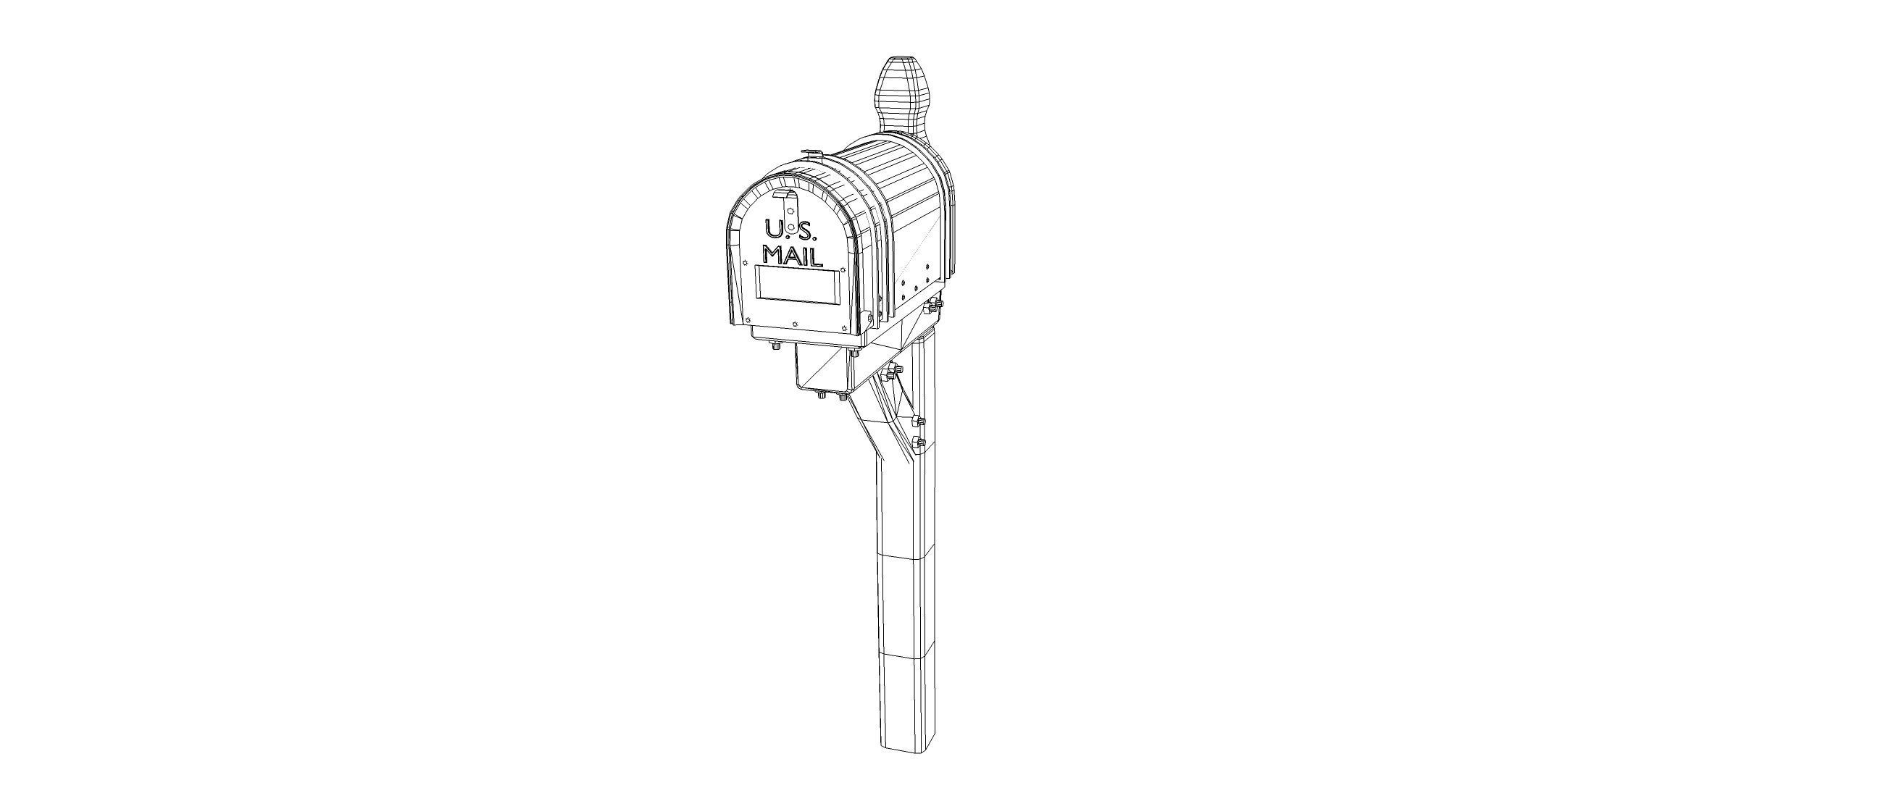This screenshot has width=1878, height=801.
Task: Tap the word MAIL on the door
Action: (x=793, y=256)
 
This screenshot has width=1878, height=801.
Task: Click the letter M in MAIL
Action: (x=773, y=255)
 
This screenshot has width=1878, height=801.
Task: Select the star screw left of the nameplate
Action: (x=746, y=263)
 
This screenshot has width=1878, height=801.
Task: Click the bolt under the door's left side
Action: (x=777, y=346)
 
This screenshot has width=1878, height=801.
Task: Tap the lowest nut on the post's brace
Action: (x=918, y=443)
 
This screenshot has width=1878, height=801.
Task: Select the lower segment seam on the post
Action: (x=906, y=656)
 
